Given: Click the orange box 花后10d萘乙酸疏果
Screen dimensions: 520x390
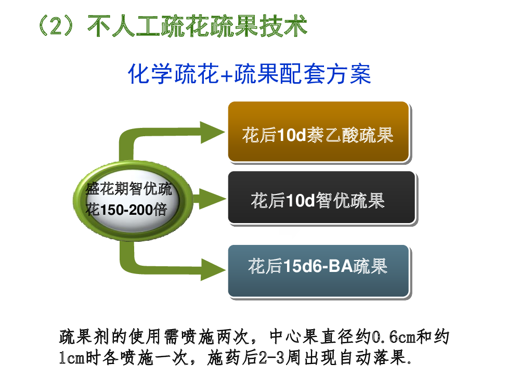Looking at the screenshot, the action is click(x=318, y=132).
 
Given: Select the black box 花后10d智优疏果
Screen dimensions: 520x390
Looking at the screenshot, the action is click(x=322, y=197).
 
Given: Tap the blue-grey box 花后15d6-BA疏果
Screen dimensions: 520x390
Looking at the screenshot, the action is click(x=318, y=271).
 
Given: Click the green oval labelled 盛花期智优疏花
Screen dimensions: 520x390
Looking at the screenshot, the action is click(x=133, y=200).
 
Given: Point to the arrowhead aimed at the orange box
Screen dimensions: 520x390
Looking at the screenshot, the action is click(x=212, y=132).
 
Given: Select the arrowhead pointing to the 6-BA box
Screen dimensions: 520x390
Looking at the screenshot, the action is click(x=213, y=269).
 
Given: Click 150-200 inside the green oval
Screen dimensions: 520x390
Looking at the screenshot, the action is click(x=125, y=210).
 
